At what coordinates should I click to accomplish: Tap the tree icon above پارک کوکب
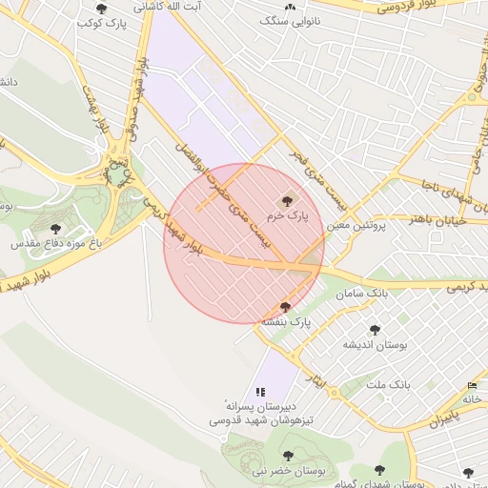coord(102,8)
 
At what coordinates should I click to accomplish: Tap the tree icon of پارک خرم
coord(288,200)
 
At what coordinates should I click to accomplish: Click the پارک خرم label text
coord(288,216)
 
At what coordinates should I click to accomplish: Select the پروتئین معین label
coord(354,226)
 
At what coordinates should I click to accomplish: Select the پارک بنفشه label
coord(286,321)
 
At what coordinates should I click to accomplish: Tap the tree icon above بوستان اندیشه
coord(375,329)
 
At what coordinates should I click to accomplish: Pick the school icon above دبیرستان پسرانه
coord(260,391)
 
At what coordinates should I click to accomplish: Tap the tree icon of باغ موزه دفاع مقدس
coord(56,228)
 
